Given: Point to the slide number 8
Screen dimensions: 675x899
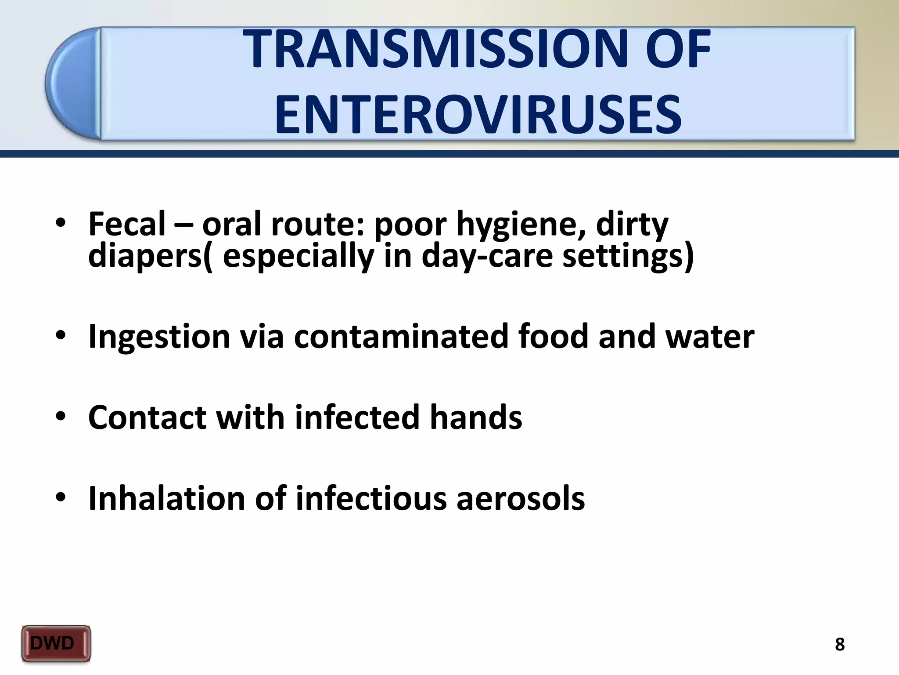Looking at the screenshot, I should coord(839,644).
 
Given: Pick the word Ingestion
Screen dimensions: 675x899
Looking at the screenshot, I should coord(159,337).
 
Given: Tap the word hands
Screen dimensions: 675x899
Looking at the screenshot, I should coord(476,417).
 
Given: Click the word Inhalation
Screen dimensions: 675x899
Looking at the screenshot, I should coord(166,498).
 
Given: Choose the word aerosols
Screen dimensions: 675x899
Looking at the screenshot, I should coord(521,498).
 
